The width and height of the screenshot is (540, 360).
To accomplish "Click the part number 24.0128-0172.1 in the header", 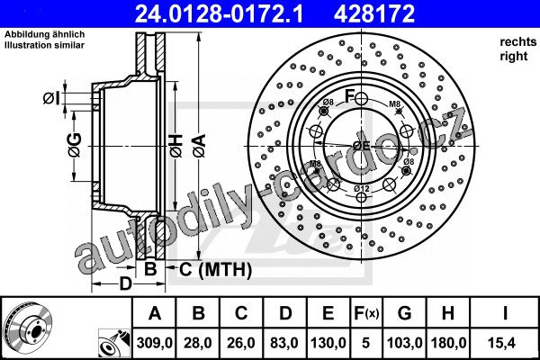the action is (219, 13).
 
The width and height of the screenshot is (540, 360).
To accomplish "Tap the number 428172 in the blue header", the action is (374, 13).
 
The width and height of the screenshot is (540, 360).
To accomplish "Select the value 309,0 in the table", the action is (155, 343).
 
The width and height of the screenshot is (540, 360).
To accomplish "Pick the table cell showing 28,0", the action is (198, 343).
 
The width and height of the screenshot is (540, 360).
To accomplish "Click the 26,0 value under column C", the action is (241, 343).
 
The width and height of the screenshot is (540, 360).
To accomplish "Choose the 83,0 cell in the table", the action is (284, 343).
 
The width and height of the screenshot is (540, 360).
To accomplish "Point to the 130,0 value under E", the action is (328, 343).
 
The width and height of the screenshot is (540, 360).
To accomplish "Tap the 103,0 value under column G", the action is (405, 343).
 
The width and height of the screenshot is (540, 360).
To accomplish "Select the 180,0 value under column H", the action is (448, 343).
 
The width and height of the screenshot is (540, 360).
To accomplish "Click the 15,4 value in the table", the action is (504, 343).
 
